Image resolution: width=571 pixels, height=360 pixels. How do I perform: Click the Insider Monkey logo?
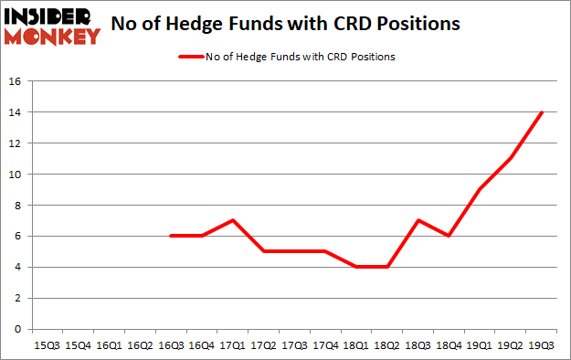[x=51, y=24]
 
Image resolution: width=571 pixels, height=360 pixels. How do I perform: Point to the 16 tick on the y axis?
[x=16, y=81]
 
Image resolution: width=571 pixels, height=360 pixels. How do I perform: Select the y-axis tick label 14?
[x=16, y=112]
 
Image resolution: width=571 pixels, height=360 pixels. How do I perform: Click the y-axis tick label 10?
[x=16, y=175]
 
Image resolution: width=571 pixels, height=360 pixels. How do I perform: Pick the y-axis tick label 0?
[x=19, y=329]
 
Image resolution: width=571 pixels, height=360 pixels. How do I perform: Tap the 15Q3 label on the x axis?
[x=47, y=345]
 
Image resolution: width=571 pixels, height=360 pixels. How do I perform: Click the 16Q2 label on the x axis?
[x=140, y=345]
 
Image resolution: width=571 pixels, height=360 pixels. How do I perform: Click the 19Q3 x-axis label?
[x=543, y=345]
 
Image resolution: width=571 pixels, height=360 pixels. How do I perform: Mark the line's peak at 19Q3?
[x=543, y=112]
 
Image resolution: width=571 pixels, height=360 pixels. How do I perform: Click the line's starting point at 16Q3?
[x=171, y=236]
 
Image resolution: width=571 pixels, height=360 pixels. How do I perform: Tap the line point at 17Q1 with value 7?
[x=233, y=220]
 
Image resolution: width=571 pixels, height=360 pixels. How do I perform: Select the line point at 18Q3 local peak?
[x=418, y=220]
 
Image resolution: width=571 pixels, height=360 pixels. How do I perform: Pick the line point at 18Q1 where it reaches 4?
[x=356, y=267]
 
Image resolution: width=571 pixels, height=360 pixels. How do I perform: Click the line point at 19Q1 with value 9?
[x=481, y=189]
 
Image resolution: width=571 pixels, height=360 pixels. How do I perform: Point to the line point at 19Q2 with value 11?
[x=512, y=158]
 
